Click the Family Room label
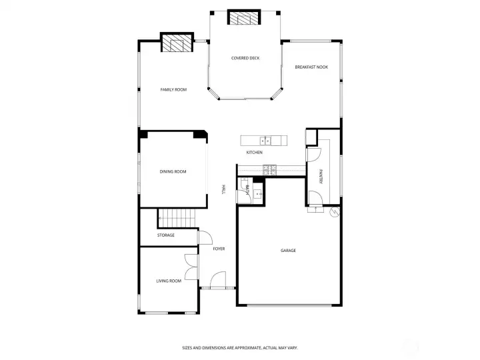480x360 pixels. pos(173,90)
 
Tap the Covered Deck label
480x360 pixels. pos(245,58)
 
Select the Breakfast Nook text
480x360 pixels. pos(311,67)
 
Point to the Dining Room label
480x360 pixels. pos(173,172)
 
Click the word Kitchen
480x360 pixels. pos(255,153)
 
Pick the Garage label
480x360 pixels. pos(289,251)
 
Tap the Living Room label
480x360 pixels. pos(169,281)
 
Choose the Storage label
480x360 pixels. pos(166,235)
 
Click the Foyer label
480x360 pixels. pos(219,249)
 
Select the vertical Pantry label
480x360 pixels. pos(321,177)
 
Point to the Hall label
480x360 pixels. pos(223,189)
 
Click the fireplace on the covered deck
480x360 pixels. pos(244,17)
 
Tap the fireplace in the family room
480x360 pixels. pos(177,42)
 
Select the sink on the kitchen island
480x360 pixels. pos(265,141)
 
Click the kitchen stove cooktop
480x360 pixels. pos(270,170)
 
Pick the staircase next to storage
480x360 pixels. pos(177,218)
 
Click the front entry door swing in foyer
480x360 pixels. pos(218,279)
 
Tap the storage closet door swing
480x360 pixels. pos(205,237)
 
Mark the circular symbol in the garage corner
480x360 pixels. pos(335,212)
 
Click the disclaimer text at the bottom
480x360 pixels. pos(240,348)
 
